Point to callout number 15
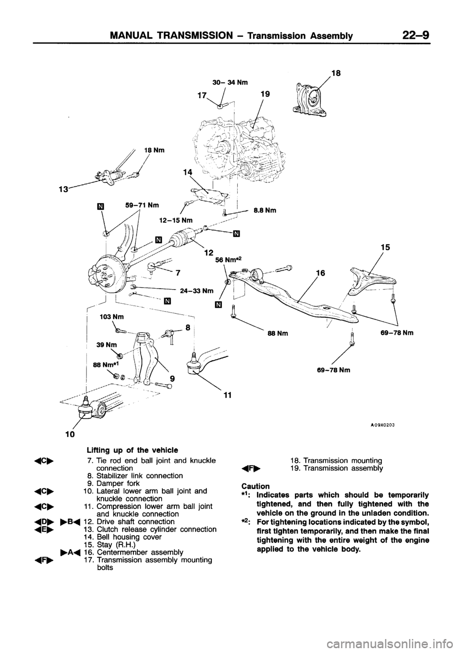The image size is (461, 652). [x=389, y=247]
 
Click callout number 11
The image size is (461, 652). [x=227, y=395]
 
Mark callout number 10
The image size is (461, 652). [x=70, y=435]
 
